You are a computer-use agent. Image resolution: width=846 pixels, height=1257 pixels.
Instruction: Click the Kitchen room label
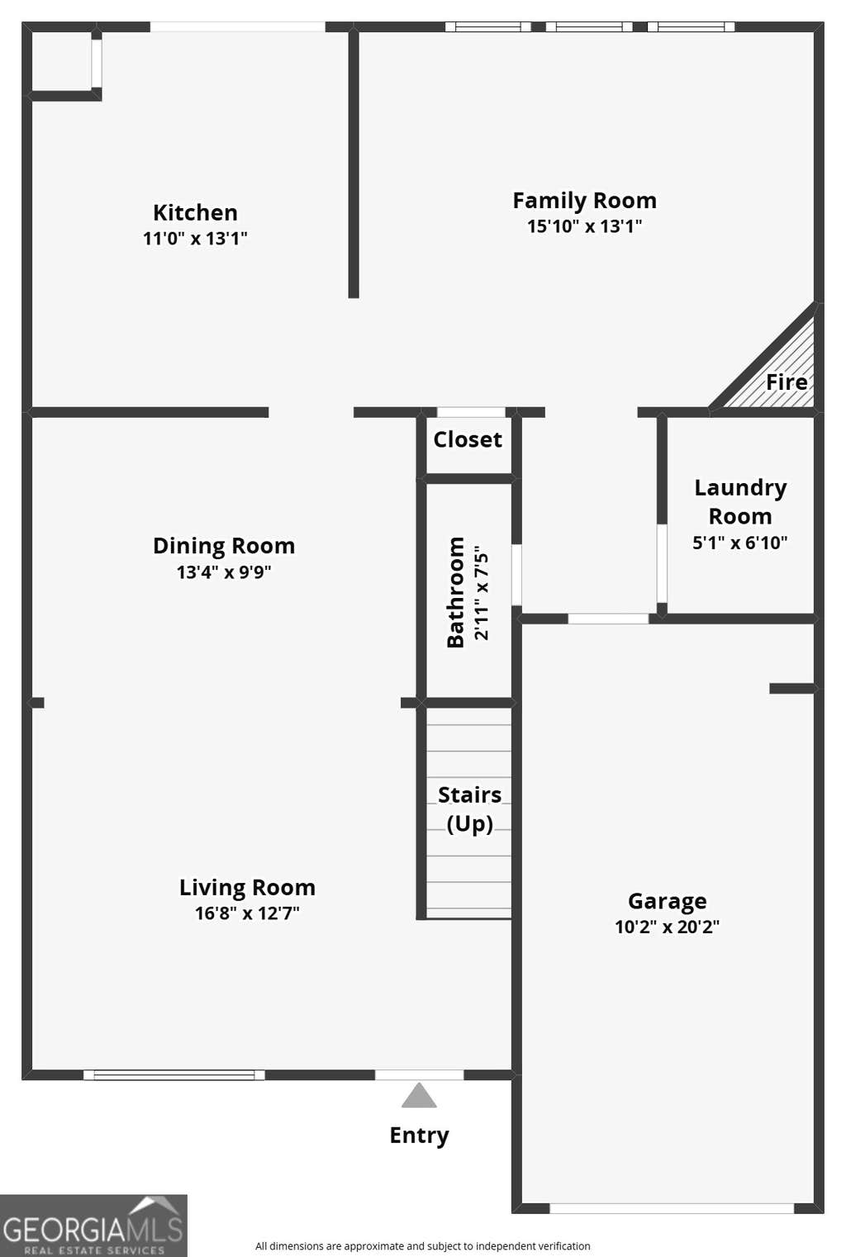coord(195,213)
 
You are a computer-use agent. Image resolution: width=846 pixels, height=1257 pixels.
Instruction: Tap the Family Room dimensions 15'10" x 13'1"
coord(584,226)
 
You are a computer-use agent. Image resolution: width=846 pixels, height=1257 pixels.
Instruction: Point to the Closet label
coord(468,439)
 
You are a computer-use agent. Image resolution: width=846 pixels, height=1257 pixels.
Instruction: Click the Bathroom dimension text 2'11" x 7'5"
coord(482,593)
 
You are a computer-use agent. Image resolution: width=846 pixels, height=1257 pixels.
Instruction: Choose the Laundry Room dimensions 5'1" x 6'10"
coord(740,543)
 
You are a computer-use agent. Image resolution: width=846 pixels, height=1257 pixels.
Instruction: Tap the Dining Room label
coord(224,546)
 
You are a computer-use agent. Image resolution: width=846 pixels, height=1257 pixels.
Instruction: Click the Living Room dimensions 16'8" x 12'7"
coord(247,913)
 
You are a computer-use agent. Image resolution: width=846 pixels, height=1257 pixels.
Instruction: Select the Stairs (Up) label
coord(470,809)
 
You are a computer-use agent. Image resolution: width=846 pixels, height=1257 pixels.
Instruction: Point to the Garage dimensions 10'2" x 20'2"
coord(667,927)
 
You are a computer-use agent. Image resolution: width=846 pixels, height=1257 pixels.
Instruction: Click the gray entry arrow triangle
coord(419,1095)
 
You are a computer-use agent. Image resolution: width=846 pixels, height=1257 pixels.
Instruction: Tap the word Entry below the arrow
coord(420,1136)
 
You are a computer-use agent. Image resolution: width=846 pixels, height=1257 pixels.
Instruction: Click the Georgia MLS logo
coord(93,1226)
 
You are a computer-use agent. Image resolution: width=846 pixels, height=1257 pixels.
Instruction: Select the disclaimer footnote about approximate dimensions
coord(423,1246)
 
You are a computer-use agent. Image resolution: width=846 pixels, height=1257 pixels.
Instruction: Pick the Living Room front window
coord(174,1075)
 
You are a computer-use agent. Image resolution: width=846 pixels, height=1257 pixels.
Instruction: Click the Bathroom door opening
coord(516,575)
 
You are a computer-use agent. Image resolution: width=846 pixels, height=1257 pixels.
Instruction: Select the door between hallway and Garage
coord(609,619)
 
